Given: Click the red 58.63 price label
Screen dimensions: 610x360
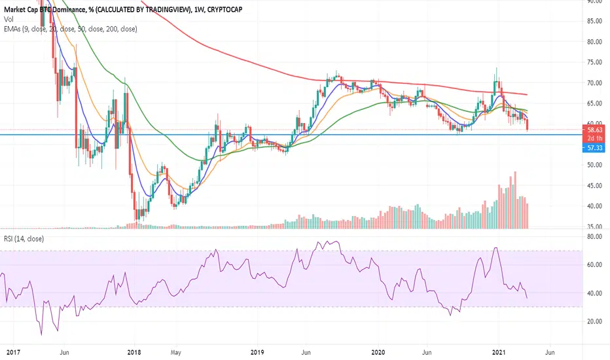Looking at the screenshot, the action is pyautogui.click(x=594, y=130).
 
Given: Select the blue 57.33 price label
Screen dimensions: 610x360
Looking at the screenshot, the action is pyautogui.click(x=594, y=148).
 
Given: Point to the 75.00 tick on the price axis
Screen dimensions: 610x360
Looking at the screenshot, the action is pyautogui.click(x=595, y=62).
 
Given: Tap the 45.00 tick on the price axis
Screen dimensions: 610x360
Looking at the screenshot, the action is pyautogui.click(x=595, y=186).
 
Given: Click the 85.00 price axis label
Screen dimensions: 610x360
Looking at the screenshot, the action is pyautogui.click(x=595, y=21).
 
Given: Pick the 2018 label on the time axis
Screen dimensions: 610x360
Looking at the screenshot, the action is pyautogui.click(x=134, y=353).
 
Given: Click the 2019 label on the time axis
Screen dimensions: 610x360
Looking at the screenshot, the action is pyautogui.click(x=257, y=353).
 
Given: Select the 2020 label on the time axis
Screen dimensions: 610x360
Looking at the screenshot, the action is pyautogui.click(x=378, y=353).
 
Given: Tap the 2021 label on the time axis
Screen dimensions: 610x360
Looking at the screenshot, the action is pyautogui.click(x=499, y=353).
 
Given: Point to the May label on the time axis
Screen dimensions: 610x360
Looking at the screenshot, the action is pyautogui.click(x=175, y=353).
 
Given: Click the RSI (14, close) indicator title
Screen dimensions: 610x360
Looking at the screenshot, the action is pyautogui.click(x=24, y=239).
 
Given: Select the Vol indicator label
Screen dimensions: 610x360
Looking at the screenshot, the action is pyautogui.click(x=9, y=19).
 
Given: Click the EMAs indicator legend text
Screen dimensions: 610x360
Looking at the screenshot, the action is pyautogui.click(x=71, y=29).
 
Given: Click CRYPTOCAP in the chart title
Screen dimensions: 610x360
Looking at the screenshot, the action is pyautogui.click(x=225, y=9).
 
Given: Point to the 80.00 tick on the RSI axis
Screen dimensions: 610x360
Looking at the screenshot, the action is pyautogui.click(x=595, y=237).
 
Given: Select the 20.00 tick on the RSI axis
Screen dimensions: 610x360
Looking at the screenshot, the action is pyautogui.click(x=595, y=321).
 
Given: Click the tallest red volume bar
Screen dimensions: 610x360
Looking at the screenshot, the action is pyautogui.click(x=516, y=200).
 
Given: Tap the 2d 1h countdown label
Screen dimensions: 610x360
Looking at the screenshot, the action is pyautogui.click(x=595, y=139).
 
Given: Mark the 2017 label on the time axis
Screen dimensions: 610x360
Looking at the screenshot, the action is pyautogui.click(x=13, y=353).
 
